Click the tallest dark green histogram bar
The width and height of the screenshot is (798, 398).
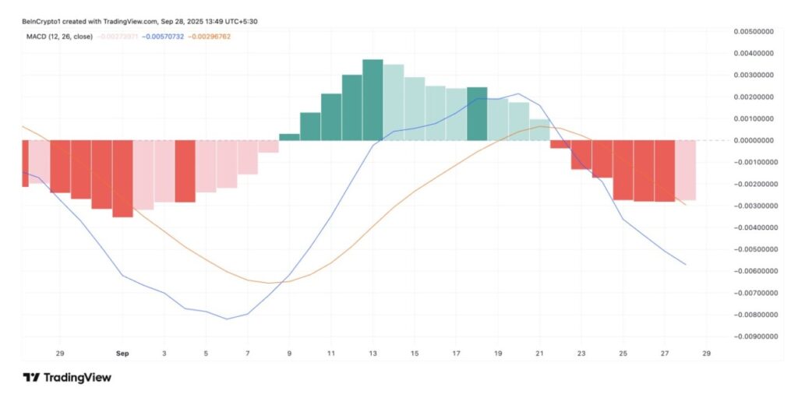tap(373, 100)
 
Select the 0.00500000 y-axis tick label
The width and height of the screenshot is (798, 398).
tap(755, 31)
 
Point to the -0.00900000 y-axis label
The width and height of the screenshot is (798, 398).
tap(754, 337)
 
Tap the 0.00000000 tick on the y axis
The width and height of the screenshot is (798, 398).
tap(755, 140)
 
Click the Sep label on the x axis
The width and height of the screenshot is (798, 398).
tap(122, 354)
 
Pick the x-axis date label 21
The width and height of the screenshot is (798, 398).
tap(539, 354)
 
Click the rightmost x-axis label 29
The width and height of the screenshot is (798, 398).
tap(706, 354)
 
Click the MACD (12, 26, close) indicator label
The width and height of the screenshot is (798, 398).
tap(57, 37)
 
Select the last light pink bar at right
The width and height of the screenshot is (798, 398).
tap(686, 170)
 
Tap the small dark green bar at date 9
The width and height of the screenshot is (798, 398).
tap(289, 137)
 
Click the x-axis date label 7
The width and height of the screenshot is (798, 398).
tap(248, 354)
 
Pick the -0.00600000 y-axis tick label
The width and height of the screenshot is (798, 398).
tap(754, 271)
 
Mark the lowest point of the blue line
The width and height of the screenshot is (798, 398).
tap(227, 319)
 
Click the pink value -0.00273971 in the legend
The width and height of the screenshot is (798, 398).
tap(118, 37)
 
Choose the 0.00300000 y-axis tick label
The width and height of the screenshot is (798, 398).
tap(755, 75)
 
